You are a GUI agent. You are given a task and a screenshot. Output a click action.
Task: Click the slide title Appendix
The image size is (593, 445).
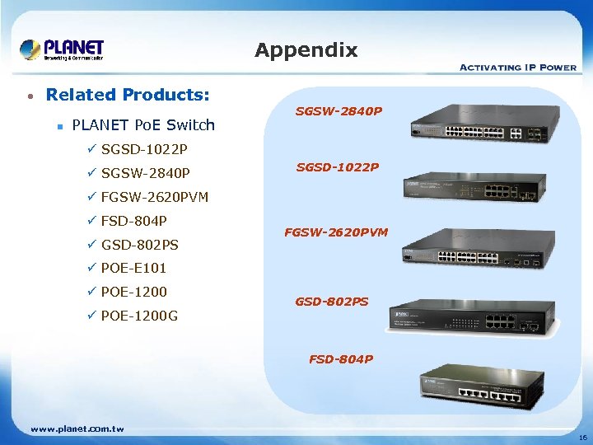pyautogui.click(x=306, y=50)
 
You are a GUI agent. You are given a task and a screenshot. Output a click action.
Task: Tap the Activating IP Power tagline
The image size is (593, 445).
pyautogui.click(x=517, y=67)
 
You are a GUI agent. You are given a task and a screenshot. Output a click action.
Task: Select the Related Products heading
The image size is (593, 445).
pyautogui.click(x=128, y=95)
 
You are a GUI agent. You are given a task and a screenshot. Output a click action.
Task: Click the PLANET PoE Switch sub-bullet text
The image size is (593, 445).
pyautogui.click(x=143, y=125)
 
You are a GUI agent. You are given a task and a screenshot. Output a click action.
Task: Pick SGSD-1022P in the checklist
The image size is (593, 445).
pyautogui.click(x=143, y=149)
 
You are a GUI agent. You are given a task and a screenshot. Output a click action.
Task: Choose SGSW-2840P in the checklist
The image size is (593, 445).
pyautogui.click(x=145, y=173)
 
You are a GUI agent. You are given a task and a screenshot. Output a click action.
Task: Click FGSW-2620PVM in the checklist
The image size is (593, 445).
pyautogui.click(x=154, y=197)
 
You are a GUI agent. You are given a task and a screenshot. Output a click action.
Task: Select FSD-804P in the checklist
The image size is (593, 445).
pyautogui.click(x=133, y=221)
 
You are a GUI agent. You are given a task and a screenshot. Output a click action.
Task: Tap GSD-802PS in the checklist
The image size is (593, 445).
pyautogui.click(x=139, y=245)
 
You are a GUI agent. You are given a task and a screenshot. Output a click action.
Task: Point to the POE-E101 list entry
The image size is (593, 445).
pyautogui.click(x=133, y=268)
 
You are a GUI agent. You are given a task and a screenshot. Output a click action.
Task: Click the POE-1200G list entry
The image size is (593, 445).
pyautogui.click(x=139, y=316)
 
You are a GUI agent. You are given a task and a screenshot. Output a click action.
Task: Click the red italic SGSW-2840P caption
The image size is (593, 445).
pyautogui.click(x=339, y=110)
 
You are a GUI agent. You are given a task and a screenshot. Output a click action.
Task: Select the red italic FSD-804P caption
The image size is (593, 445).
pyautogui.click(x=341, y=359)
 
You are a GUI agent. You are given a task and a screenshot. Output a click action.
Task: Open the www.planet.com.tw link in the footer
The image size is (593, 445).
pyautogui.click(x=77, y=429)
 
